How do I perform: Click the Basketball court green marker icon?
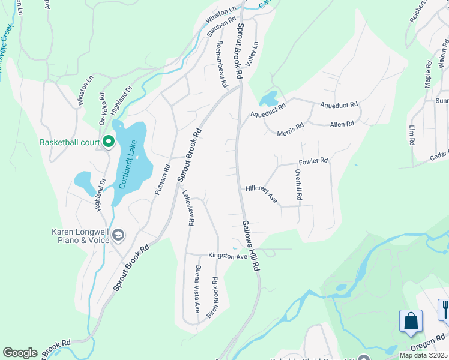coord(109,142)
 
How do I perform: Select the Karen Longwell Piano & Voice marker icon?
coord(118,235)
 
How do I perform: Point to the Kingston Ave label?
coord(228,256)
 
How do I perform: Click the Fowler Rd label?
coord(313,161)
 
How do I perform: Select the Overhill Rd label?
coord(298,184)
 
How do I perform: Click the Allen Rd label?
coord(342,124)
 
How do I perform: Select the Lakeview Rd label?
coord(188,208)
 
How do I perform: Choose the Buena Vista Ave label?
coord(197,289)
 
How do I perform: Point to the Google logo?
coord(20,353)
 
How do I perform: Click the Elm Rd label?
coord(412,136)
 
